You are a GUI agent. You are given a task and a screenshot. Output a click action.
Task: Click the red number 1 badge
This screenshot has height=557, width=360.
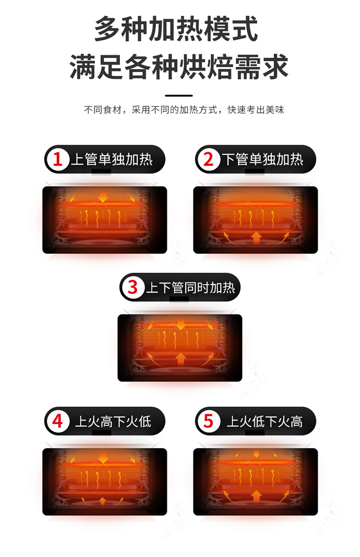pyautogui.click(x=58, y=159)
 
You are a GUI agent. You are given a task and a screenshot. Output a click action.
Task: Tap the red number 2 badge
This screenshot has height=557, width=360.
pyautogui.click(x=208, y=159)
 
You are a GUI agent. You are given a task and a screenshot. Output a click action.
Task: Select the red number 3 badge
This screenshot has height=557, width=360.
pyautogui.click(x=133, y=287)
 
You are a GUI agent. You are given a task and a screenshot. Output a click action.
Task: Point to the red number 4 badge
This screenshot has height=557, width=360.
pyautogui.click(x=58, y=421)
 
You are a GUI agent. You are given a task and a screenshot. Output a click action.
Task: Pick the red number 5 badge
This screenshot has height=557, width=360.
pyautogui.click(x=208, y=421)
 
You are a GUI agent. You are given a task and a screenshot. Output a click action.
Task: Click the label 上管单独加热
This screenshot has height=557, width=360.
pyautogui.click(x=112, y=159)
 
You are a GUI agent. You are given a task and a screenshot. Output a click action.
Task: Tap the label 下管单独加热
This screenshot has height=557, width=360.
pyautogui.click(x=263, y=159)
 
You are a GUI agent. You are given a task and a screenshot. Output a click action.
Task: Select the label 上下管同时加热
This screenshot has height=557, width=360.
pyautogui.click(x=190, y=287)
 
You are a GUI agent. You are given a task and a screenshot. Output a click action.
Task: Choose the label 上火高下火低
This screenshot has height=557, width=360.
pyautogui.click(x=113, y=422)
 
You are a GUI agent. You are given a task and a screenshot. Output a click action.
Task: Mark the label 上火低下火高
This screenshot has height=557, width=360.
pyautogui.click(x=264, y=422)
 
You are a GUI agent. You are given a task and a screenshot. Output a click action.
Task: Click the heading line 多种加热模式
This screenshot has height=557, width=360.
pyautogui.click(x=176, y=30)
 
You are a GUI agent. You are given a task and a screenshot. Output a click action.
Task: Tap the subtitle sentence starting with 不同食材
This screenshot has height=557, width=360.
pyautogui.click(x=184, y=110)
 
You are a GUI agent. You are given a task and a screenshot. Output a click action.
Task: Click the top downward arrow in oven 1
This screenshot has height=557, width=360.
pyautogui.click(x=103, y=196)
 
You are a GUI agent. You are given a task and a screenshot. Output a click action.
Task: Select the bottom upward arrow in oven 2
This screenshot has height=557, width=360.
pyautogui.click(x=256, y=237)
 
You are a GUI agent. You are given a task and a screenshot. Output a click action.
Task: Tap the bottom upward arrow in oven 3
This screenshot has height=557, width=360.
pyautogui.click(x=180, y=358)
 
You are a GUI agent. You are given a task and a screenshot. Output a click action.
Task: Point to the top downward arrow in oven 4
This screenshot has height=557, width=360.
pyautogui.click(x=103, y=458)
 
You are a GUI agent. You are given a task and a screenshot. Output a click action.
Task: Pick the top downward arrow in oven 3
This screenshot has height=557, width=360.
pyautogui.click(x=180, y=324)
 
